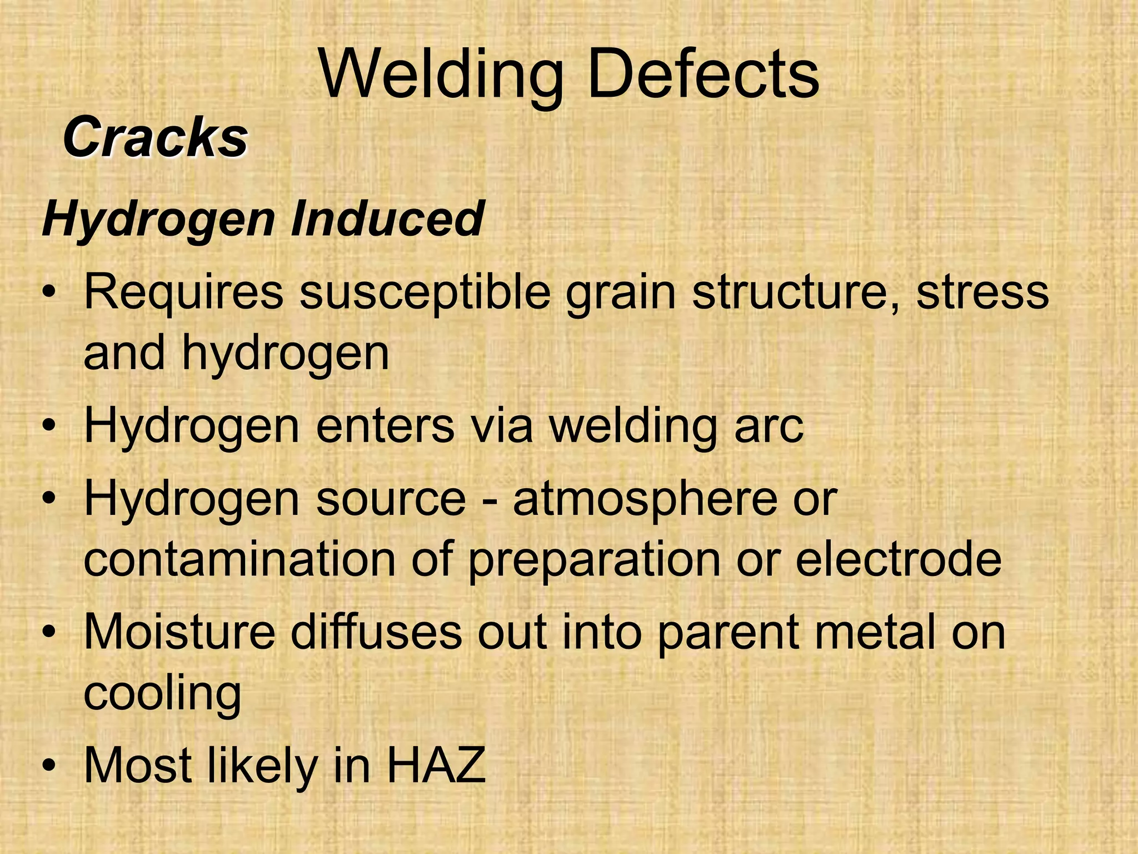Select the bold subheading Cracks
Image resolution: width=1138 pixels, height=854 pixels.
click(x=155, y=138)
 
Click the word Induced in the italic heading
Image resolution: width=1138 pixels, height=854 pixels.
click(x=387, y=219)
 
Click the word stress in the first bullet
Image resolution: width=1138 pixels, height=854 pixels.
click(x=982, y=293)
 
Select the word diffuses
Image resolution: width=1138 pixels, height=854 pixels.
click(x=376, y=632)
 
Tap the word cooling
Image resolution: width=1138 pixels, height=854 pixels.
click(x=162, y=693)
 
